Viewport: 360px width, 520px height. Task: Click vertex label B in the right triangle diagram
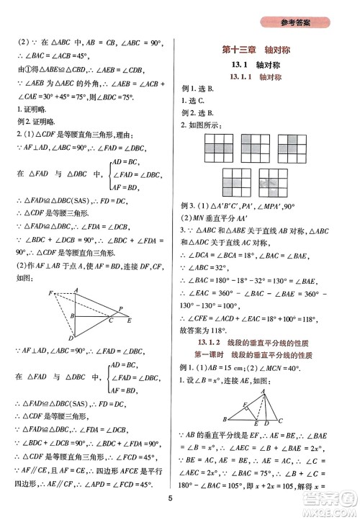pyautogui.click(x=226, y=418)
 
